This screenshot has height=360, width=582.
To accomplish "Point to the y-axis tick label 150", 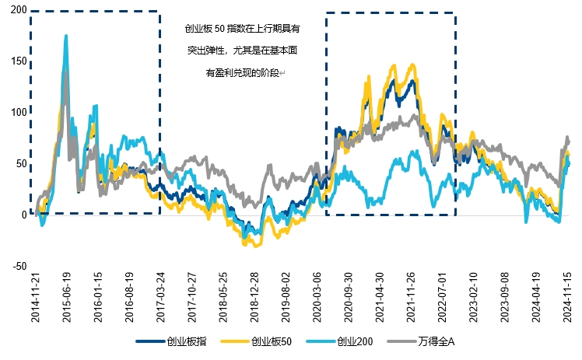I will point(15,61).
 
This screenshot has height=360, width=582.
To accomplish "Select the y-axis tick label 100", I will point(15,113).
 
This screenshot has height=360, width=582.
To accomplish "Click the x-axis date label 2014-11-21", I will point(33,298).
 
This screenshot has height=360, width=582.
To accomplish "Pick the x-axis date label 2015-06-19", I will point(67,298).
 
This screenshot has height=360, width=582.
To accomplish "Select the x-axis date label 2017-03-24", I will point(161,298).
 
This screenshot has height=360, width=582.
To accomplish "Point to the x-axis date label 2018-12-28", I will point(254,298).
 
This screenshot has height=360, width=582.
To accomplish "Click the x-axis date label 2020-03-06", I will point(317,298).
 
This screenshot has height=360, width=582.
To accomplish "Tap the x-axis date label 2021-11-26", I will point(411,298).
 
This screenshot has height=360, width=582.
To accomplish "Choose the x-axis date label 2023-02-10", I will point(473,298).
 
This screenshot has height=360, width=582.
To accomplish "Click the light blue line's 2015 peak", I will point(65,36).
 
